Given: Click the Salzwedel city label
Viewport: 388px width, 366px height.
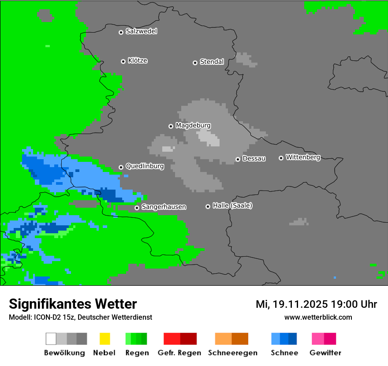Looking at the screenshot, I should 141,31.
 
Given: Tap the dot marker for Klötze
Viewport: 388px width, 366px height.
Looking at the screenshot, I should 123,61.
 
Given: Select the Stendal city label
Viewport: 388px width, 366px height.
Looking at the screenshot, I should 212,62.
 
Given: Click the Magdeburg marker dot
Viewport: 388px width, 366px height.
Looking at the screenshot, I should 171,126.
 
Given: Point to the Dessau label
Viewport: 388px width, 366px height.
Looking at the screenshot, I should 254,158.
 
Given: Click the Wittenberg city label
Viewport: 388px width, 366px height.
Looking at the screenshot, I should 302,157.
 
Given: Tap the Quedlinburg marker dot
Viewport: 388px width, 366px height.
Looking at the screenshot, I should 121,167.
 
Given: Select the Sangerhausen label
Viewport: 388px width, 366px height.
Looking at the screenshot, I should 164,207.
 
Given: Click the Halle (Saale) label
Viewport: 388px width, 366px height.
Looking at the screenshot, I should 232,205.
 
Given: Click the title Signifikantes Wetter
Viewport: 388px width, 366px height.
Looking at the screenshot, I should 73,304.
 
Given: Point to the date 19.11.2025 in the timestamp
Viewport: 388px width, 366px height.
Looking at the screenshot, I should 300,304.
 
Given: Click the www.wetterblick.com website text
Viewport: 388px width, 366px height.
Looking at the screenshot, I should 318,317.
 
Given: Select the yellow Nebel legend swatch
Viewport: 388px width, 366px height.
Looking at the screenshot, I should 104,339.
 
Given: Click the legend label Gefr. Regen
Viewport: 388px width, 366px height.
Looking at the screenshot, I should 179,353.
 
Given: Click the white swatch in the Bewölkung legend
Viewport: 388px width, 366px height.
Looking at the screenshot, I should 51,339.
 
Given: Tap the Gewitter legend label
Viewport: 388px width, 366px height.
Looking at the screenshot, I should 325,353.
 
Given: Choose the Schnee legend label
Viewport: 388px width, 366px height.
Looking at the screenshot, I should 284,353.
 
